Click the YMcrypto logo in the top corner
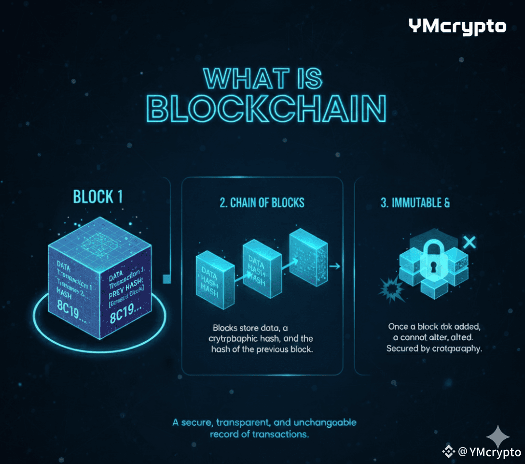click(457, 27)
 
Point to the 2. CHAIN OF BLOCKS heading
click(262, 202)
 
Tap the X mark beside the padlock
click(469, 243)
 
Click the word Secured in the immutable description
click(402, 348)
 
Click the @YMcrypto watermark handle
click(489, 452)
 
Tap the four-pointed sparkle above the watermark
click(498, 437)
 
